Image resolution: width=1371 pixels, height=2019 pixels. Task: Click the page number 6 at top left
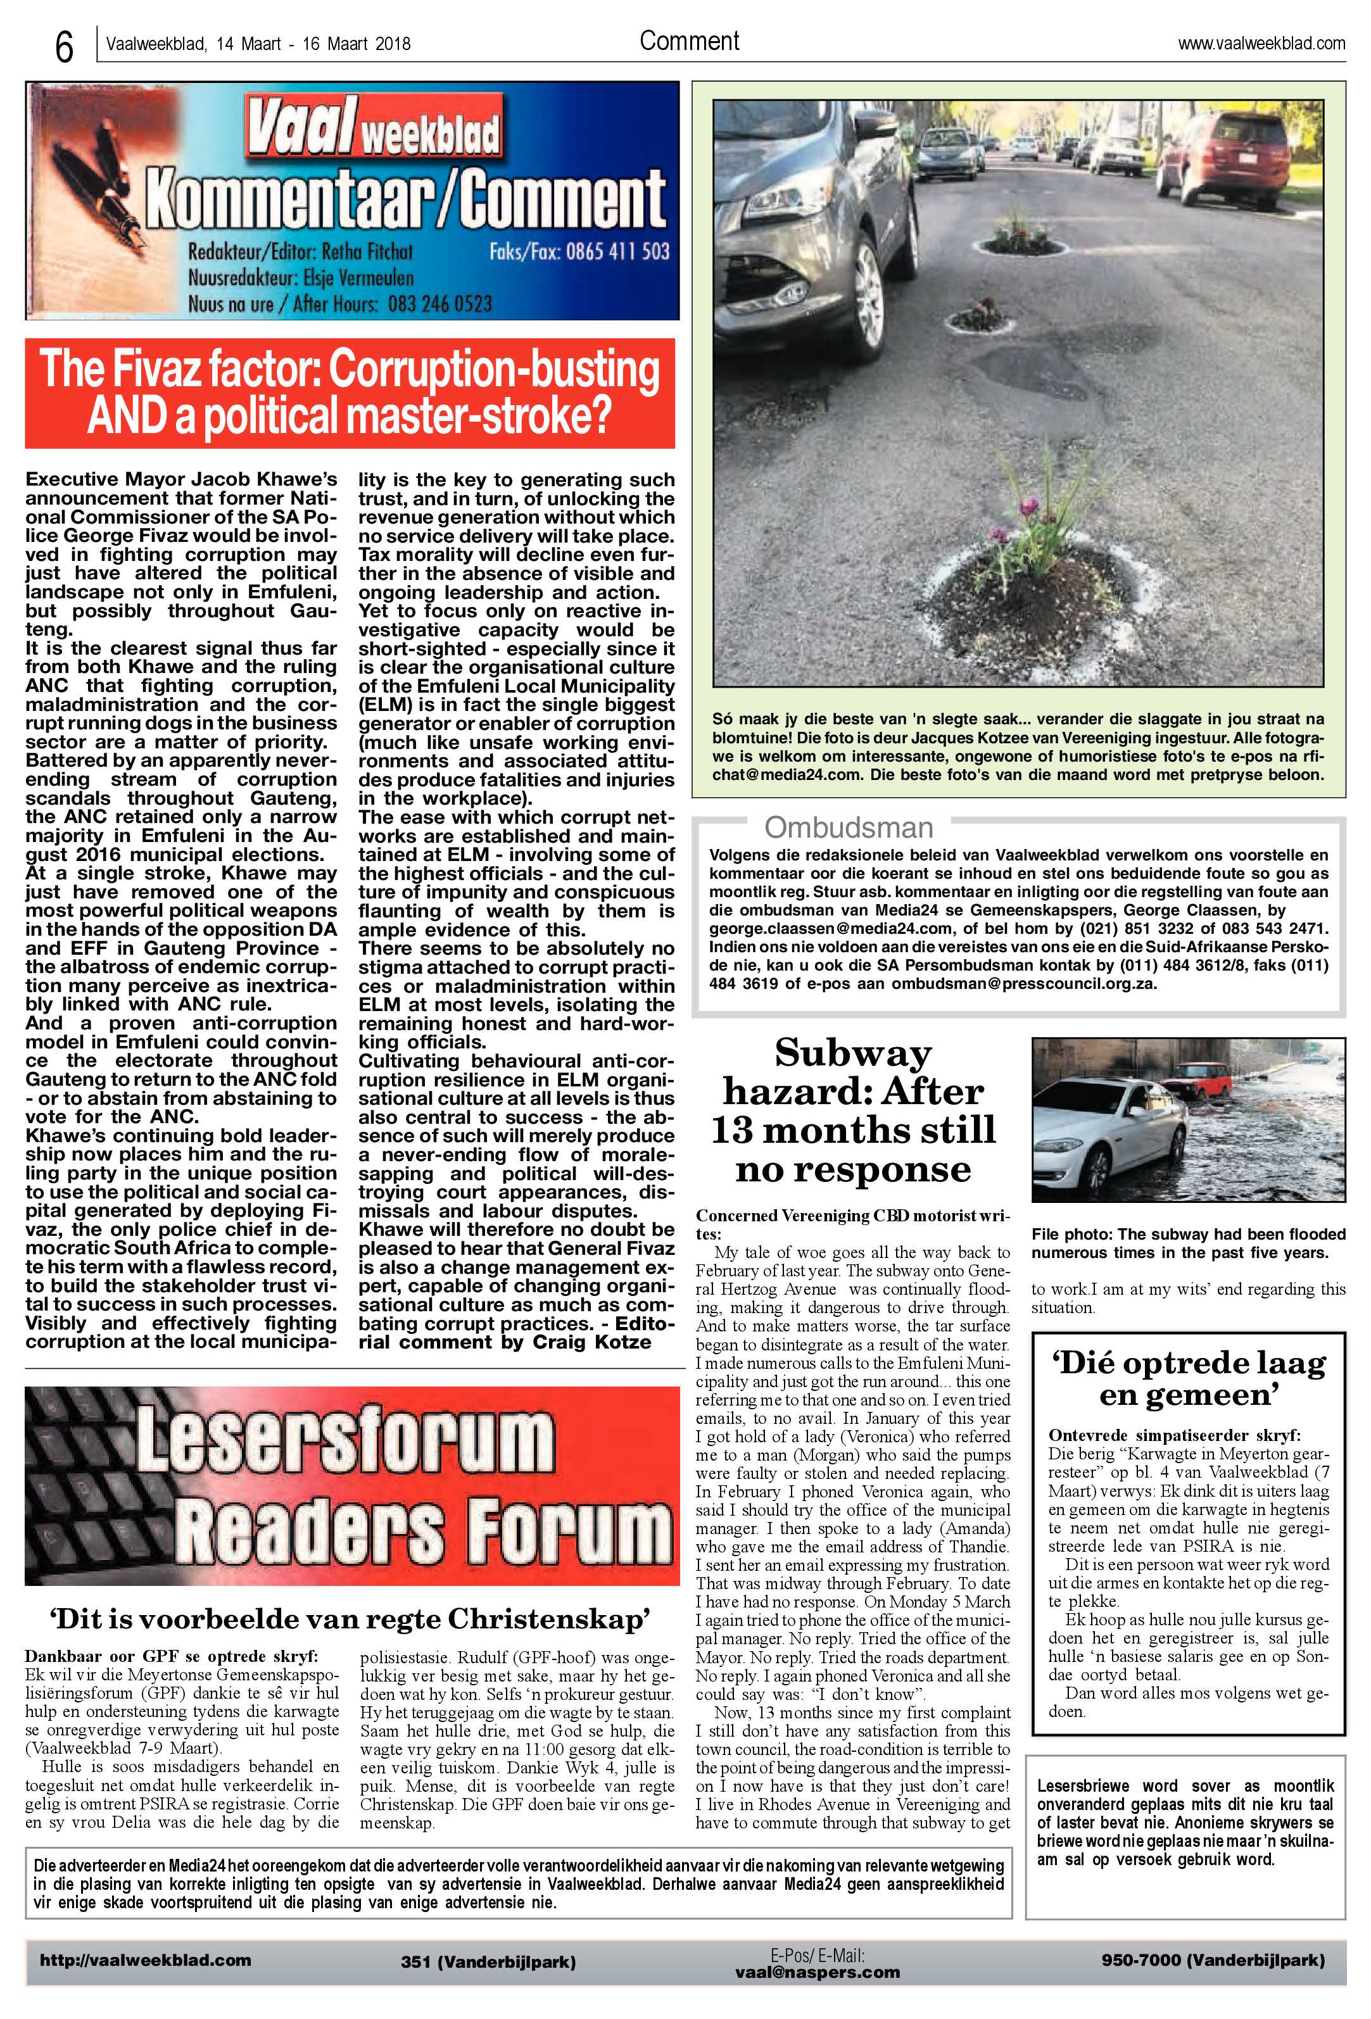point(63,47)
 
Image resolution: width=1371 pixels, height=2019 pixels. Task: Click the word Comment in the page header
point(689,41)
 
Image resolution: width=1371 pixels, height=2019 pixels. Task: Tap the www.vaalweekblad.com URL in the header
point(1261,44)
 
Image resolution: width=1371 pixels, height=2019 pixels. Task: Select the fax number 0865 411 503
point(617,252)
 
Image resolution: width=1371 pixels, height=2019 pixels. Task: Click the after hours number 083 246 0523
point(438,303)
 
